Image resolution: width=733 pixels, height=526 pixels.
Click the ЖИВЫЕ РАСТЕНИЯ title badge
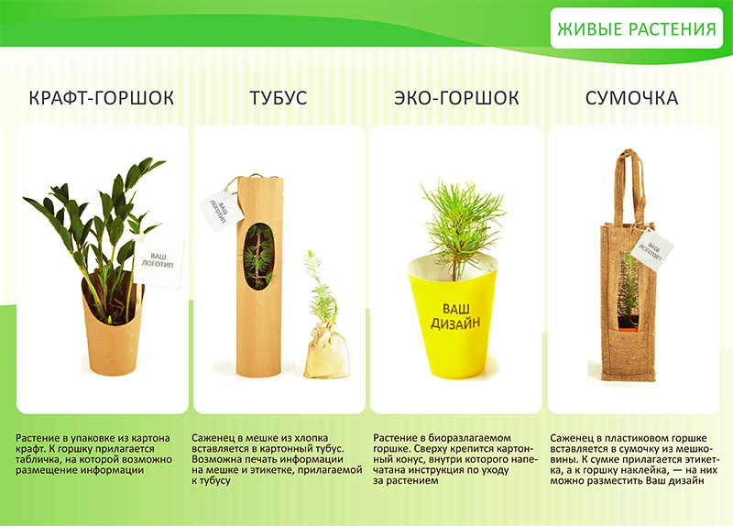point(636,28)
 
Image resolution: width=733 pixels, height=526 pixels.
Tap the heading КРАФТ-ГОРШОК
point(102,98)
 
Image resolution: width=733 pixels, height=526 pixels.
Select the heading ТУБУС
point(279,98)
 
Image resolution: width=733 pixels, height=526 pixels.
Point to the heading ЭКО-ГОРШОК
point(456,98)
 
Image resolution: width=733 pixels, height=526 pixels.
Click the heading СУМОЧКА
point(631,98)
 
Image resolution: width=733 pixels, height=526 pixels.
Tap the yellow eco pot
point(453,318)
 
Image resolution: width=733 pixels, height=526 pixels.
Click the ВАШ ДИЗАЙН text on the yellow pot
point(454,316)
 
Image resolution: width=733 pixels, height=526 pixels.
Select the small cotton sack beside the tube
point(327,352)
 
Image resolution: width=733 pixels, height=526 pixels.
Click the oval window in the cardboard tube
point(258,257)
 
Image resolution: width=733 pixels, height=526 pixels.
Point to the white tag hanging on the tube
point(221,210)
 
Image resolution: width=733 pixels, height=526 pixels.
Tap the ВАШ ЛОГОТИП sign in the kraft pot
point(159,261)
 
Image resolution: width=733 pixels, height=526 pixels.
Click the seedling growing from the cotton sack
point(321,288)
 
